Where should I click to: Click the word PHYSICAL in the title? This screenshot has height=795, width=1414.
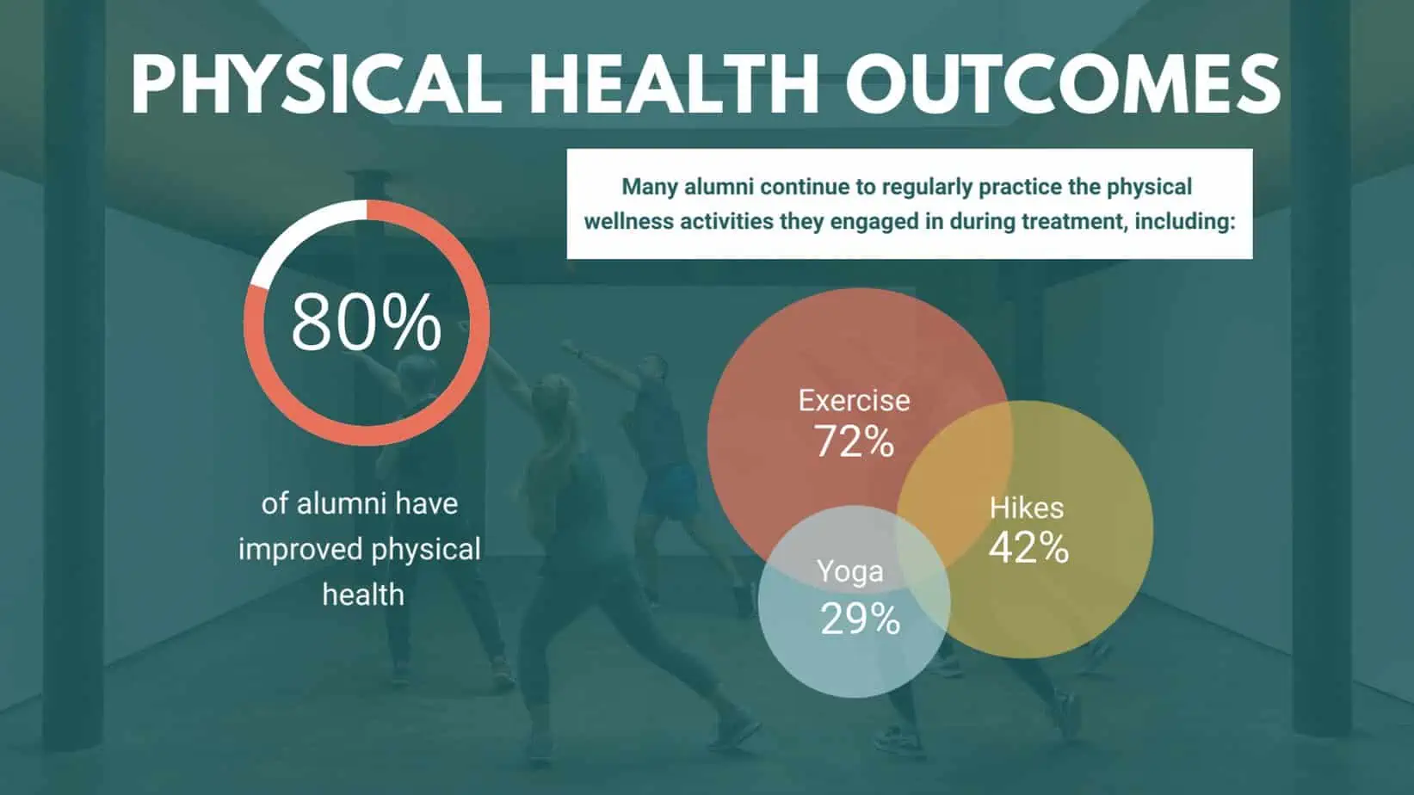point(317,83)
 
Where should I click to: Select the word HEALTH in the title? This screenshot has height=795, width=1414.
point(674,83)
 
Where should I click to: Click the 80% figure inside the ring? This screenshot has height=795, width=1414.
point(366,323)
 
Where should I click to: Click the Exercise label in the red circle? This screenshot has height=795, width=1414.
point(854,401)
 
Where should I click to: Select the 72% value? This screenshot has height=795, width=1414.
point(854,441)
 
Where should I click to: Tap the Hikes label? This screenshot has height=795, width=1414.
point(1027,508)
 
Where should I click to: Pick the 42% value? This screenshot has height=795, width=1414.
point(1028,547)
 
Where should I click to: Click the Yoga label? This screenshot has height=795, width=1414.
point(849,572)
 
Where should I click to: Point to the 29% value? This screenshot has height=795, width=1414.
point(860,619)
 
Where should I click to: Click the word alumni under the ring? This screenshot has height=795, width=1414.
point(342,503)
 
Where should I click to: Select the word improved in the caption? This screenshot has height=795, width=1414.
point(300,550)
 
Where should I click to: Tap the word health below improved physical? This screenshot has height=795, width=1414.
point(363,595)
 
